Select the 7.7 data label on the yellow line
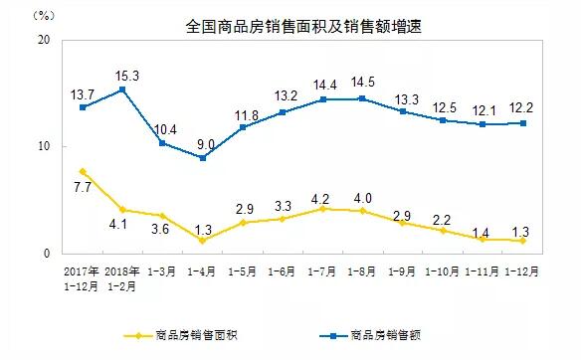(84, 187)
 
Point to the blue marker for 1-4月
(202, 157)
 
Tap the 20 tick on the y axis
(44, 40)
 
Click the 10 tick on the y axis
(44, 147)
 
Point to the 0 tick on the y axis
(48, 255)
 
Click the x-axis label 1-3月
(162, 270)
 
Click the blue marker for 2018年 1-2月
(122, 90)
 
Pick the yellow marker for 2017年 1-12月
(84, 171)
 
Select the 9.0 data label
(203, 142)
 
